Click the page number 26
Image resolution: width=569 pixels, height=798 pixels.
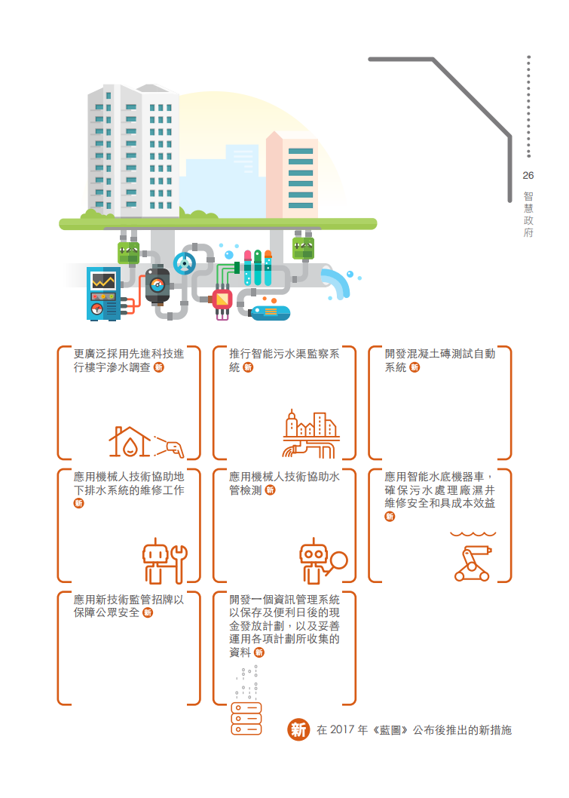tap(528, 176)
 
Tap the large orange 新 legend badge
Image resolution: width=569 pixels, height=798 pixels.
tap(298, 730)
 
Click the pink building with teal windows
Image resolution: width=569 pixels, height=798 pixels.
tap(292, 176)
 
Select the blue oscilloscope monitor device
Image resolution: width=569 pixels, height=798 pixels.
tap(104, 294)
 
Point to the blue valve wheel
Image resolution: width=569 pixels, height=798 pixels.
tap(184, 263)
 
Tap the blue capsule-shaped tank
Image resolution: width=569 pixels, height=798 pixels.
tap(271, 313)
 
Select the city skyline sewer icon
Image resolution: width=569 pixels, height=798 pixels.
tap(311, 434)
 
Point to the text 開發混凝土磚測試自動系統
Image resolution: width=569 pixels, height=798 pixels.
tap(439, 361)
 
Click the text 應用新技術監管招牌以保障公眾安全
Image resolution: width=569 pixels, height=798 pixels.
tap(129, 606)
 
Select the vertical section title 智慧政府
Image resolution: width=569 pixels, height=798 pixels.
tap(528, 214)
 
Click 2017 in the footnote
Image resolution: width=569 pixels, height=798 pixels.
tap(342, 730)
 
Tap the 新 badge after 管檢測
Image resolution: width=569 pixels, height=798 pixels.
tap(270, 490)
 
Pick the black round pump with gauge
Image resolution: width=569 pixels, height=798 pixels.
tap(157, 285)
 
